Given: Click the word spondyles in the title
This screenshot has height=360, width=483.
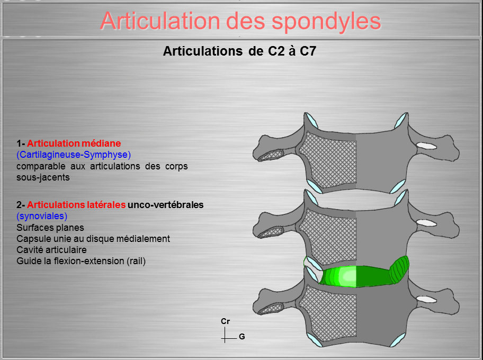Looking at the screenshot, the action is click(x=326, y=22).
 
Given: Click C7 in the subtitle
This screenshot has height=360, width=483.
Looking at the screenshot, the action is click(x=308, y=51).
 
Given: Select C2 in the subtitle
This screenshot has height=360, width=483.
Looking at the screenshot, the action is click(x=276, y=51).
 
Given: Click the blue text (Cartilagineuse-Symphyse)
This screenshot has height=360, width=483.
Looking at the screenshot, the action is click(x=74, y=155).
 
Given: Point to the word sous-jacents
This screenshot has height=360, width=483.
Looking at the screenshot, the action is click(x=43, y=177).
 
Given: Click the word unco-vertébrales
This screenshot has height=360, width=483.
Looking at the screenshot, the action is click(x=165, y=204).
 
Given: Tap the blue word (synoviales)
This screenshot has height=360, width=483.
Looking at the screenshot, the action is click(x=42, y=216).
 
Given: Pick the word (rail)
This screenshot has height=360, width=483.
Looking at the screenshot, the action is click(x=136, y=261).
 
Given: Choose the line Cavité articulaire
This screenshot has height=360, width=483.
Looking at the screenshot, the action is click(x=51, y=250).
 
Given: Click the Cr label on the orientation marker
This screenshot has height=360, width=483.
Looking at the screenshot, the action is click(x=225, y=321).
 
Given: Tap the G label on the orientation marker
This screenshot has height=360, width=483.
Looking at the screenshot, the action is click(x=242, y=337).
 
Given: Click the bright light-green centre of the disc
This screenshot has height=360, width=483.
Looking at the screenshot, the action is click(x=348, y=276).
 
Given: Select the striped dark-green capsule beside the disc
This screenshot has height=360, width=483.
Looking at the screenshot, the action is click(x=399, y=270).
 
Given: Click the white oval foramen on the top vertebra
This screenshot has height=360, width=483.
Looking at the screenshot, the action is click(x=427, y=146).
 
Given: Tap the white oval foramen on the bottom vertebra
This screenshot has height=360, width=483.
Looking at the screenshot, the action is click(x=427, y=299).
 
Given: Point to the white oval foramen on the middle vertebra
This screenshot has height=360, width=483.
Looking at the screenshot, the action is click(x=427, y=223).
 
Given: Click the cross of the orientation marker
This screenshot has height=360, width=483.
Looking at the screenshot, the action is click(x=225, y=338).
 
